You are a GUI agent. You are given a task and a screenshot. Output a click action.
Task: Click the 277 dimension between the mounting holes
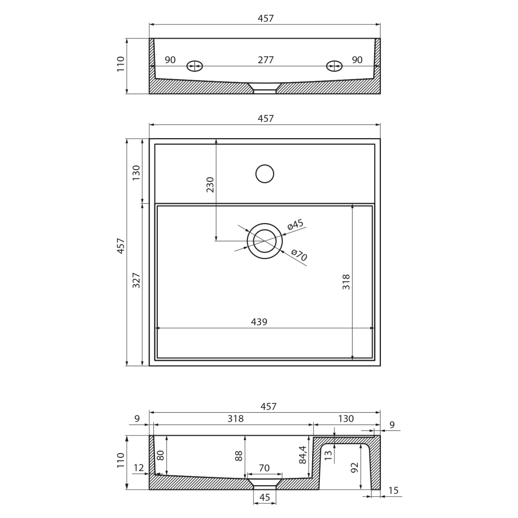tap(266, 60)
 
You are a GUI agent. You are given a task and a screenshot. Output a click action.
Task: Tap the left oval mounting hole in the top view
tap(195, 66)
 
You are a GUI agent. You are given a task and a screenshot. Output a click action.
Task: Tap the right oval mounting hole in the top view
tap(334, 66)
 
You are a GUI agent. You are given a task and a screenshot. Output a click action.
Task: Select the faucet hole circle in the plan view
tap(265, 174)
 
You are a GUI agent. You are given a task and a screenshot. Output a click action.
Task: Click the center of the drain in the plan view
tap(265, 241)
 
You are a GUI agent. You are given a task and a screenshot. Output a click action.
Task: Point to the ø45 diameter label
tap(295, 224)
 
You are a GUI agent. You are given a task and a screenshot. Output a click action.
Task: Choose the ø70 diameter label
tap(299, 255)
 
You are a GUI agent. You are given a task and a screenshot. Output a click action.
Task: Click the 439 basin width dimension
tap(259, 322)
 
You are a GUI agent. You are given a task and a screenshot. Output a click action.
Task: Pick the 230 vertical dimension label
tap(210, 185)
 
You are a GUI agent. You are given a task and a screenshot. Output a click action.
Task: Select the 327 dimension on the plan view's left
tap(136, 280)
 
